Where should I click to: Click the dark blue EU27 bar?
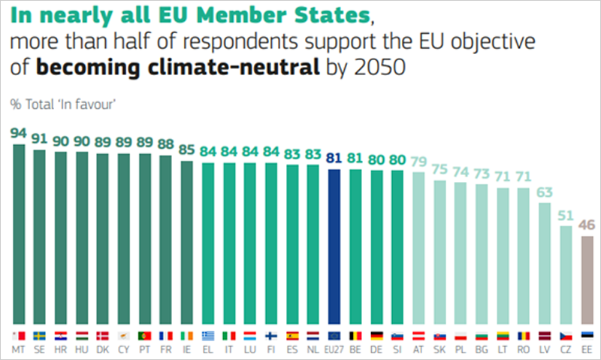[334, 247]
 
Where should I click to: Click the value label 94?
[19, 133]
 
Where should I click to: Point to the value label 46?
[588, 224]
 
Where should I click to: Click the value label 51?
[567, 214]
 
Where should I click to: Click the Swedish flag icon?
[40, 335]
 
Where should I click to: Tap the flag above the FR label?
[166, 335]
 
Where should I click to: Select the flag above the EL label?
[208, 335]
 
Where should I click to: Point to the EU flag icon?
[334, 335]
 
